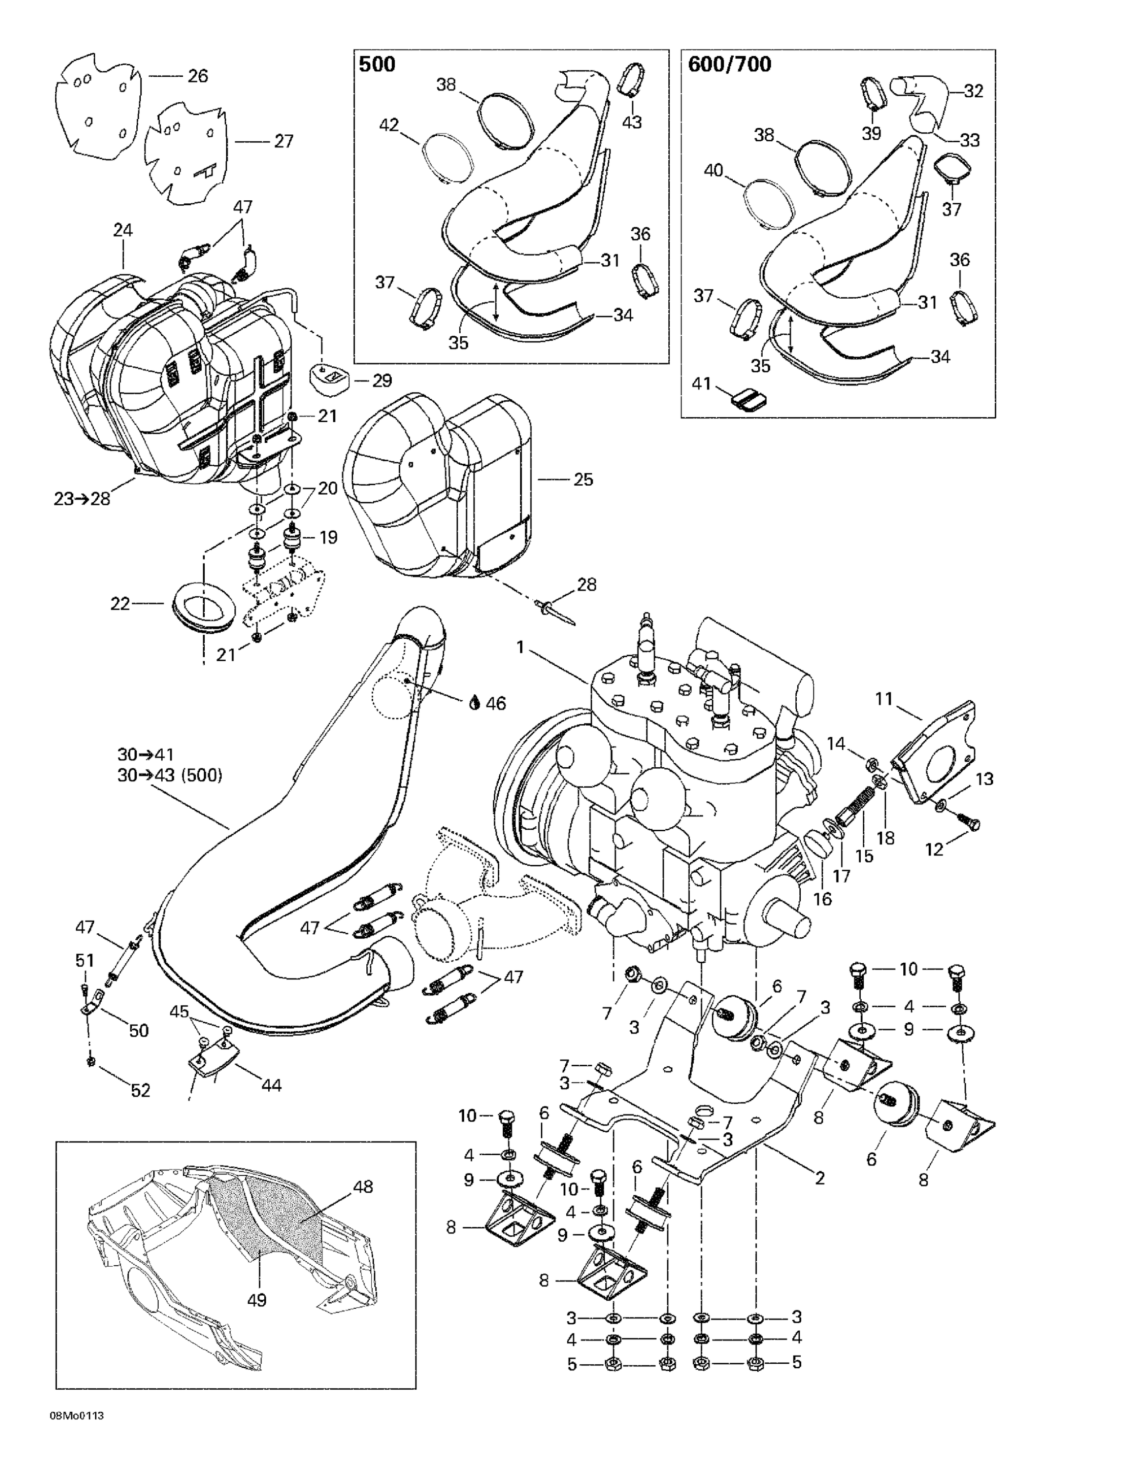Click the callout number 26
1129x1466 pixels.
pos(197,76)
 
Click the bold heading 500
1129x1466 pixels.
pos(377,65)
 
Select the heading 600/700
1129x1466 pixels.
pos(729,65)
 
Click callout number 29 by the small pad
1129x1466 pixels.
pos(382,381)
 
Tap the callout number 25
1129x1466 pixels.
pos(583,479)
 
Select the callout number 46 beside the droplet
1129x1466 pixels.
pos(496,704)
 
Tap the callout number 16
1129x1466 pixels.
pos(822,899)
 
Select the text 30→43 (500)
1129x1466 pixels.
pos(170,776)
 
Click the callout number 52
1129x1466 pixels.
pos(140,1090)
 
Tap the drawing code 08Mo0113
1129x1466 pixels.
pos(76,1434)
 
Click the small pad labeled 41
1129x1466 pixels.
pos(748,399)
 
